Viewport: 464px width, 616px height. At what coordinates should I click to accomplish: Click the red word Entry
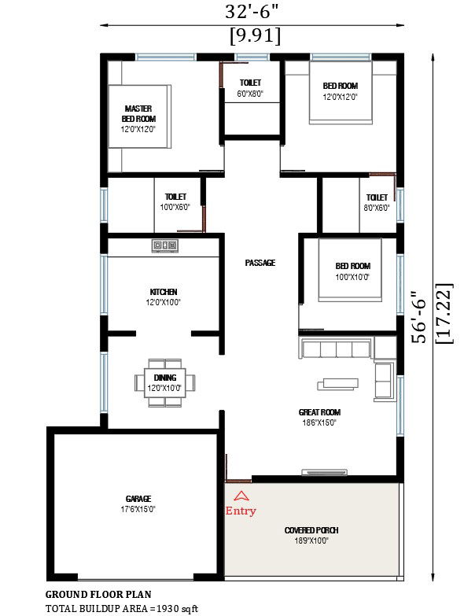241,511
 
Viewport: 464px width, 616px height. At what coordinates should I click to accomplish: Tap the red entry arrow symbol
241,496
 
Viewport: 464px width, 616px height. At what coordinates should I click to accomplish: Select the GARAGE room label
138,499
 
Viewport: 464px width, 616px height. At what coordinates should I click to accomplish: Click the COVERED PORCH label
311,530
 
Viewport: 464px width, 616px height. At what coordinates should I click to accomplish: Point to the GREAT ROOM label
319,412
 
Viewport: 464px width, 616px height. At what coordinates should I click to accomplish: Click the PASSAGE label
260,263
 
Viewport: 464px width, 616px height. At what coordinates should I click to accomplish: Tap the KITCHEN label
163,292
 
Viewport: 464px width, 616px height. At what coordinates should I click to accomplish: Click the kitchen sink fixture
165,245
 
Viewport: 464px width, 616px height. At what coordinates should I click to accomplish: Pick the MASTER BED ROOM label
138,113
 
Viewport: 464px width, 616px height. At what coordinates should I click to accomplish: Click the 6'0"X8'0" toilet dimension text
250,94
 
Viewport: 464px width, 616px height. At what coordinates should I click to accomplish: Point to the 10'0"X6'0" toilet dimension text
175,208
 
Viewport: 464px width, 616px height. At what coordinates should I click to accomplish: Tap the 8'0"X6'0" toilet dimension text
377,208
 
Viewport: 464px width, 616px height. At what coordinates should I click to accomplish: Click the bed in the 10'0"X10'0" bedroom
349,269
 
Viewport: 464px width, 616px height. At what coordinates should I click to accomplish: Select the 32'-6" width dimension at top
253,12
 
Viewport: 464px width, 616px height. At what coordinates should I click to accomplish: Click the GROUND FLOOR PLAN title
98,595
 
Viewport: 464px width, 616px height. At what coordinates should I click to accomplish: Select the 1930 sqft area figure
180,609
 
